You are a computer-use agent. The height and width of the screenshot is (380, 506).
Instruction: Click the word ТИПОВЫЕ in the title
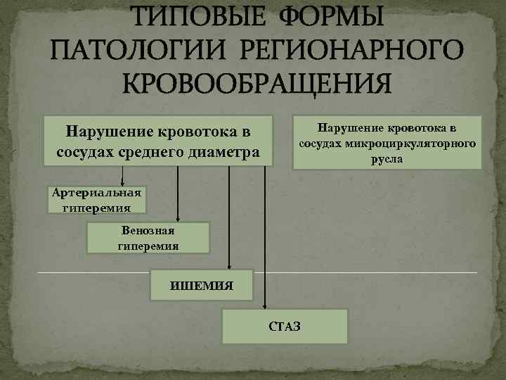click(x=191, y=17)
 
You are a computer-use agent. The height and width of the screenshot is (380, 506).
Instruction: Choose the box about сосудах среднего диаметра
click(x=157, y=141)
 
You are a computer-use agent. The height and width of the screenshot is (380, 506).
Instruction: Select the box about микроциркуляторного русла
click(x=387, y=143)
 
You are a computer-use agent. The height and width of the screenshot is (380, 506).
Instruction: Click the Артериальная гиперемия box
click(x=97, y=199)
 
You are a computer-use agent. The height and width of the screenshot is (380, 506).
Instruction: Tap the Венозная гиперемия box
click(x=148, y=238)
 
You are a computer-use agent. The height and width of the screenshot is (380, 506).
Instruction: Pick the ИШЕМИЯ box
click(x=202, y=285)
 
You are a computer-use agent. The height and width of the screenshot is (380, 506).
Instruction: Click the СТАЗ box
click(x=285, y=326)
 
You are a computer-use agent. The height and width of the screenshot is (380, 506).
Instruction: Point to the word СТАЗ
click(x=284, y=327)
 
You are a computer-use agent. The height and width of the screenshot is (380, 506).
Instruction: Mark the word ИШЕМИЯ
click(x=202, y=286)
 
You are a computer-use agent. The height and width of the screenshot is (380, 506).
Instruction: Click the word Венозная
click(x=148, y=231)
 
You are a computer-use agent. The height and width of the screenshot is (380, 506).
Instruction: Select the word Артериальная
click(x=97, y=193)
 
